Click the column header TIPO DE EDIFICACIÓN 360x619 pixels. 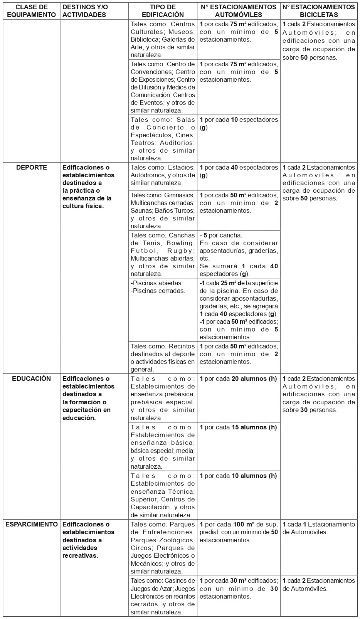pos(163,11)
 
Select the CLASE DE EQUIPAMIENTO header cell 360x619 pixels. pos(31,11)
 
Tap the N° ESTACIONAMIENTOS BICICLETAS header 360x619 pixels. pos(319,11)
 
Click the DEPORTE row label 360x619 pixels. pos(32,168)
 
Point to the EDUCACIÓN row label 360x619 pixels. pos(32,378)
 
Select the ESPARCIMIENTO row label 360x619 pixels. pos(32,524)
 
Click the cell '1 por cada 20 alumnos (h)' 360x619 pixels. pos(238,379)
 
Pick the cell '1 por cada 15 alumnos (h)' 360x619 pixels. pos(238,427)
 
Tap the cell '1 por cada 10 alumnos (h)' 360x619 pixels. pos(238,476)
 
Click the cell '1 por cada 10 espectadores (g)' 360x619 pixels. pos(238,123)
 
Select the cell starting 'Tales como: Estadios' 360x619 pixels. pos(163,175)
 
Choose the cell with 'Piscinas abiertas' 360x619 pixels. pos(163,287)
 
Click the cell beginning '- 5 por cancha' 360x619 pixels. pos(238,254)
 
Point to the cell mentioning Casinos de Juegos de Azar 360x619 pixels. pos(163,596)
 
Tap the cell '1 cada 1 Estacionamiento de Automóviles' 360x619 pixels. pos(319,528)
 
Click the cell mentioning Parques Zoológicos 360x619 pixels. pos(163,548)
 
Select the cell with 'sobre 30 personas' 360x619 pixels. pos(319,394)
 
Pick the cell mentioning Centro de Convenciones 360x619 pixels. pos(163,87)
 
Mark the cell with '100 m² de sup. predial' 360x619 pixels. pos(238,532)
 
